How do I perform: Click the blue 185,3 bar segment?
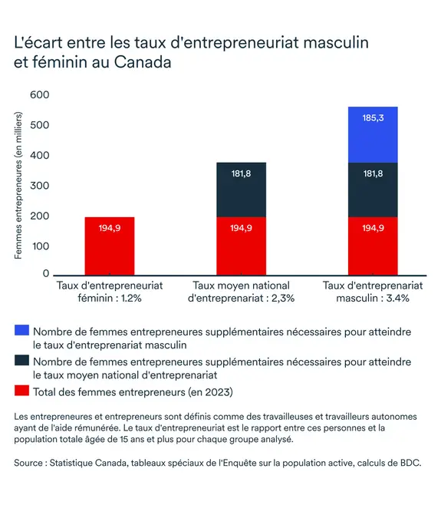point(373,134)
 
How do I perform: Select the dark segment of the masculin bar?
point(373,190)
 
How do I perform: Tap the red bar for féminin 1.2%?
point(110,246)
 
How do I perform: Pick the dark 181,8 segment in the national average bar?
point(241,190)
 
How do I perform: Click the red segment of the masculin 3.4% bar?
point(373,246)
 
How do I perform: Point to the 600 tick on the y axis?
point(40,94)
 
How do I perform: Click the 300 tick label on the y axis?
point(40,186)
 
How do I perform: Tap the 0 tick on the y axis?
point(46,273)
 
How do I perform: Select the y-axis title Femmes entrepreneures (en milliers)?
point(18,185)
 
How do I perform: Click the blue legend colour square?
point(21,330)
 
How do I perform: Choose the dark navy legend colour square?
point(21,360)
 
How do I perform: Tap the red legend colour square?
point(21,391)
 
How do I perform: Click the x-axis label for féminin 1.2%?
point(110,292)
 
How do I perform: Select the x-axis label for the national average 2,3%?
point(241,292)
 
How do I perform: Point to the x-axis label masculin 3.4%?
point(373,292)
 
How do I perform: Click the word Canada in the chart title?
point(143,62)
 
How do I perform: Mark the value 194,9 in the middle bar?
point(241,228)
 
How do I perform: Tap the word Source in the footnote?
point(28,463)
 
